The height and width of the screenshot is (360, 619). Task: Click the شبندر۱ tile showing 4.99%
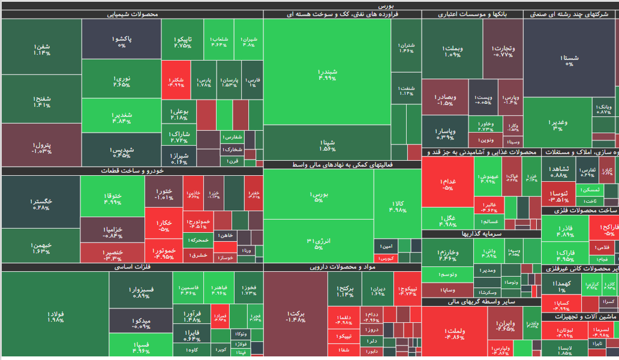point(327,74)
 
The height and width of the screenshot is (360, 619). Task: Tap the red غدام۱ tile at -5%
point(447,184)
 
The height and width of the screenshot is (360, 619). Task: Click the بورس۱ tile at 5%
point(318,197)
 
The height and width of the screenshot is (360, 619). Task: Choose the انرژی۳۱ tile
point(318,244)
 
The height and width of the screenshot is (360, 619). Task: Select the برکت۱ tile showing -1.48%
point(296,316)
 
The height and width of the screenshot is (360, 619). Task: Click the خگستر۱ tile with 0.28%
point(41,203)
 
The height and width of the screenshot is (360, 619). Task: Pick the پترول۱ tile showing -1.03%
point(41,148)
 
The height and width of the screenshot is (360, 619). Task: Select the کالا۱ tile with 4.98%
point(397,207)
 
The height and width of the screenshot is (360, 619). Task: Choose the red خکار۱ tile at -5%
point(163,225)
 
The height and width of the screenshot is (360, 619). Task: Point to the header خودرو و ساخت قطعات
point(131,171)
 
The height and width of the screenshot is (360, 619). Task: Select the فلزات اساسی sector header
point(131,267)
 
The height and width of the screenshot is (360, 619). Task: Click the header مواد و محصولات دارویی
point(342,267)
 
